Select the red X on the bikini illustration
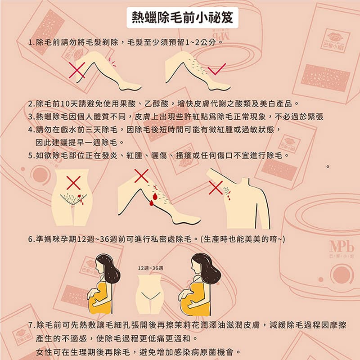[73, 182]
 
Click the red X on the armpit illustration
[216, 188]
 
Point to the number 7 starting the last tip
[30, 324]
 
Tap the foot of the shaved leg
[128, 86]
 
